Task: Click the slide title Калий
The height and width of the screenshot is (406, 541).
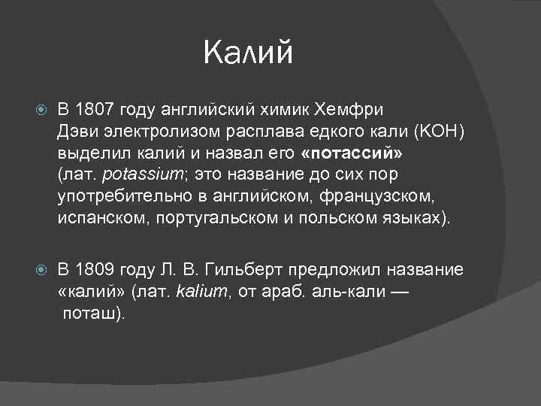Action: (248, 53)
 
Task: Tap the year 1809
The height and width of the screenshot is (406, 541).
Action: (93, 268)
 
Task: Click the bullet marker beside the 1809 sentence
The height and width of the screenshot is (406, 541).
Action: (41, 269)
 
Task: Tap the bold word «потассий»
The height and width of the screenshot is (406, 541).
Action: (352, 153)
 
